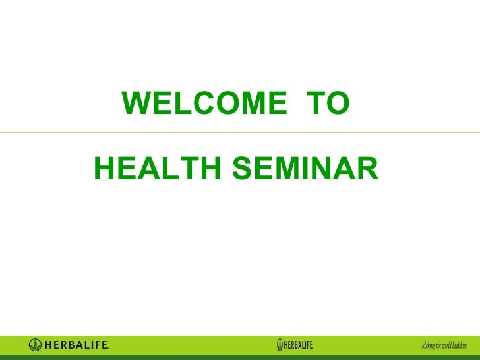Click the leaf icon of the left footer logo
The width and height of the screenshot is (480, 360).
[x=35, y=345]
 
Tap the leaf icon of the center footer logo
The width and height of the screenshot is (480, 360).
[x=280, y=344]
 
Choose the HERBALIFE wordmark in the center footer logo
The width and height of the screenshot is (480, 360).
[x=299, y=345]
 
